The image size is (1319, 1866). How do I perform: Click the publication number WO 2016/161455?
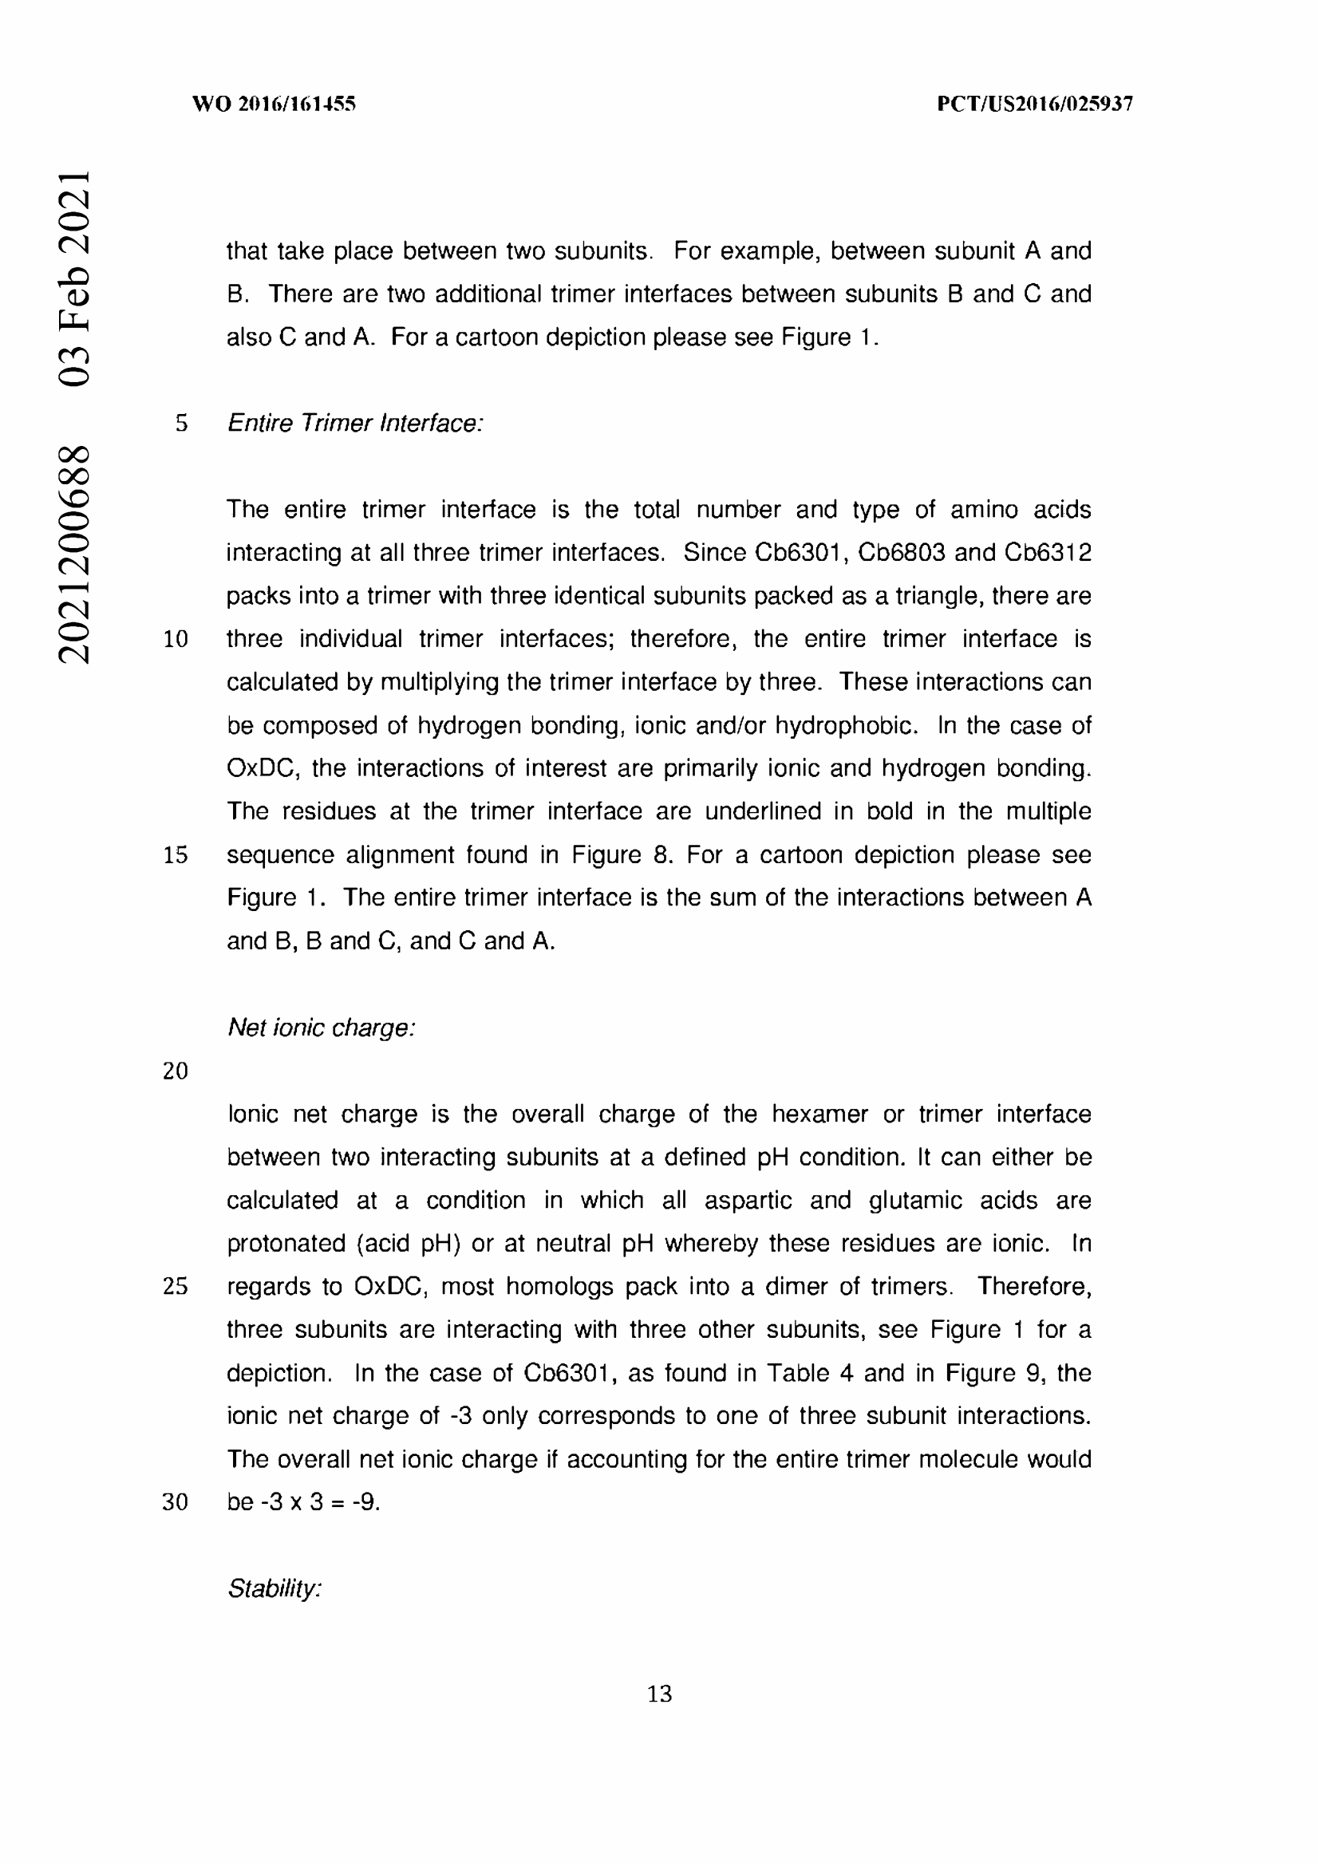274,104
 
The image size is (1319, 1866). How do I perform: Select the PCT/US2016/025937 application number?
1035,104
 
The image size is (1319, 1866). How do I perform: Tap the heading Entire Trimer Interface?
355,424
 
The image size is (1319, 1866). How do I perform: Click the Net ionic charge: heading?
321,1028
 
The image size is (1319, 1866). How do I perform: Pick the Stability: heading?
274,1588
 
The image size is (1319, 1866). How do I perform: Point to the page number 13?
659,1694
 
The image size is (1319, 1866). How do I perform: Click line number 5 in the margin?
181,424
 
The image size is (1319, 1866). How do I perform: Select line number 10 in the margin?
176,640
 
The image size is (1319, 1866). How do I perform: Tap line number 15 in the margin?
176,855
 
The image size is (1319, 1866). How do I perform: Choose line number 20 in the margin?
176,1071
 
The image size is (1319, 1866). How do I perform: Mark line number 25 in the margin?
176,1287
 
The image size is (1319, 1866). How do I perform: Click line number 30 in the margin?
176,1502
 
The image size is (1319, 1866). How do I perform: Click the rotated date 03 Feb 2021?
73,278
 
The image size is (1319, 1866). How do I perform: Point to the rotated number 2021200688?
73,554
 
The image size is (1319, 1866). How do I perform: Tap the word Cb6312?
1048,553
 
